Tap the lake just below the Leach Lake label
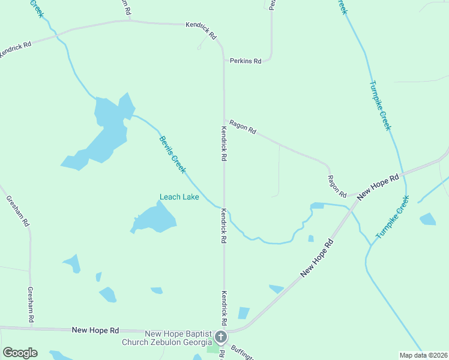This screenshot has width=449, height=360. pos(154,220)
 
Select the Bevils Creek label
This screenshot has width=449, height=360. pos(172,155)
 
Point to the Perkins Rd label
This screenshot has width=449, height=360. pos(246,61)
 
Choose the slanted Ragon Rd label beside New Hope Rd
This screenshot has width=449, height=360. pos(337,187)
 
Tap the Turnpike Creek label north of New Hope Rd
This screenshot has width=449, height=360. pos(380,105)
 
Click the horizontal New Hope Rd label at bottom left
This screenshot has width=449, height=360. pos(95,330)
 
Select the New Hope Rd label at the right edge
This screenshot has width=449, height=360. pos(378,187)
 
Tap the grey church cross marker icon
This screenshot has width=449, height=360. pos(221,337)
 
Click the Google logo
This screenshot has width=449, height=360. pos(20,353)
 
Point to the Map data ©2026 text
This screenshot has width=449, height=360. pos(423,355)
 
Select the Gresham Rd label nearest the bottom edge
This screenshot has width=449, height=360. pos(30,305)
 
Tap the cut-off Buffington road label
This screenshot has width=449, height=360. pos(243,353)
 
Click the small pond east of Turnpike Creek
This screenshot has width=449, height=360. pos(427,219)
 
